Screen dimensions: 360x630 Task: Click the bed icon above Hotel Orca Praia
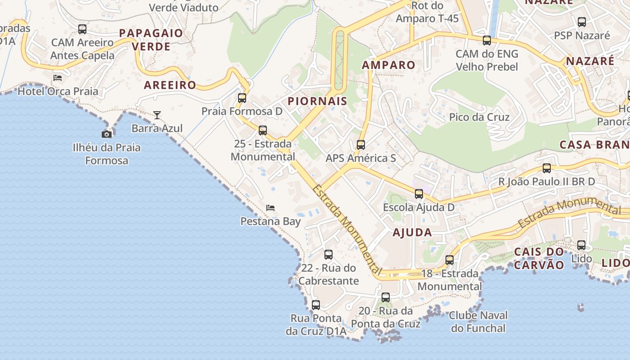pos(57,77)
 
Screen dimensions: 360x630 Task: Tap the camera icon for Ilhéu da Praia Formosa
pos(107,134)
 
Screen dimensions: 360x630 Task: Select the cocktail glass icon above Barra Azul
pos(157,115)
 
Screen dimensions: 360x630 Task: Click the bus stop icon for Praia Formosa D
pos(242,98)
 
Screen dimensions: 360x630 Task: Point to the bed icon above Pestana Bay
pos(270,207)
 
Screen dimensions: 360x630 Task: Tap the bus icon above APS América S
pos(360,145)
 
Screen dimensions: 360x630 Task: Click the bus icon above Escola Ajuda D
pos(419,194)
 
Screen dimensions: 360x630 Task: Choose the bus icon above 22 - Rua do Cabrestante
pos(328,255)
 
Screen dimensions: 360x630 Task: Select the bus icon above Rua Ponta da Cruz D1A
pos(316,305)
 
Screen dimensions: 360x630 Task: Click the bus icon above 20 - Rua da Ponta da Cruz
pos(386,297)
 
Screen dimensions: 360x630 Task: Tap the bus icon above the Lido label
pos(581,245)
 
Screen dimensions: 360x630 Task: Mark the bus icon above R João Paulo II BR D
pos(547,168)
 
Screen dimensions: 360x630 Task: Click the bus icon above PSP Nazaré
pos(582,22)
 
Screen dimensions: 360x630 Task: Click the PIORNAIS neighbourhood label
pos(317,101)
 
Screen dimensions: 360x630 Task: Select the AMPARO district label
pos(388,65)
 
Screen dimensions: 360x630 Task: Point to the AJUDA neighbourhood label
pos(412,233)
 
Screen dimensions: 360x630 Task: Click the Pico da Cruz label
pos(479,117)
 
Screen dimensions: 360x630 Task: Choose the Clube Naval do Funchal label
pos(478,321)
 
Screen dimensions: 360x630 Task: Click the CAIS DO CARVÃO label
pos(539,258)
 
